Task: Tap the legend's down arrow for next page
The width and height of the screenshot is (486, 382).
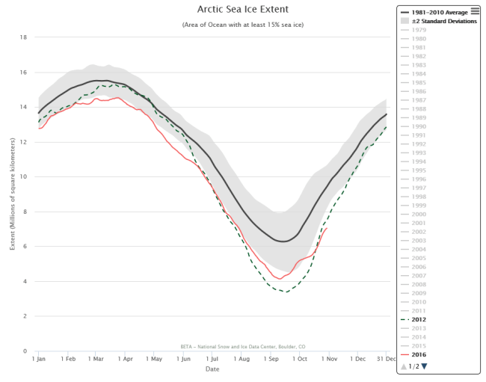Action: [x=425, y=366]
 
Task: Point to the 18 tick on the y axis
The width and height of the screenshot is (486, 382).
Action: [x=24, y=37]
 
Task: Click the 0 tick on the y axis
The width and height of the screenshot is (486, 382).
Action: [x=26, y=351]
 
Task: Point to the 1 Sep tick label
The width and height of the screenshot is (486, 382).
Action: [x=270, y=360]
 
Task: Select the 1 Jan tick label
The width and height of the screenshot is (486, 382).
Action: [x=39, y=360]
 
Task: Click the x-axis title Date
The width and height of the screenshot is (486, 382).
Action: [x=213, y=369]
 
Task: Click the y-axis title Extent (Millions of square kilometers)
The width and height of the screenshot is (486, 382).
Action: [x=12, y=194]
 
